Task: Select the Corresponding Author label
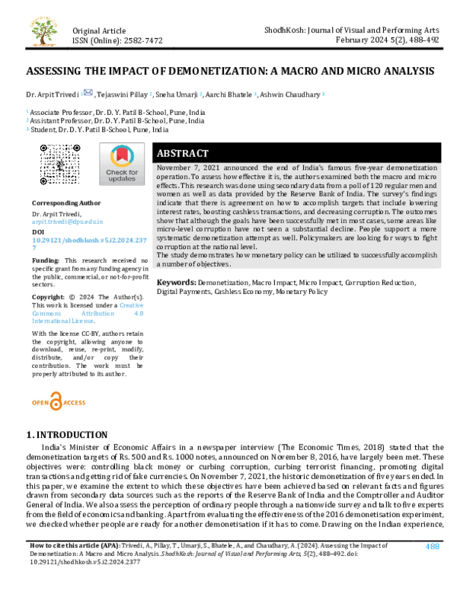pyautogui.click(x=66, y=203)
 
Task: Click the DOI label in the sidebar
pyautogui.click(x=38, y=229)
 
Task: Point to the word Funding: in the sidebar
pyautogui.click(x=46, y=260)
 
